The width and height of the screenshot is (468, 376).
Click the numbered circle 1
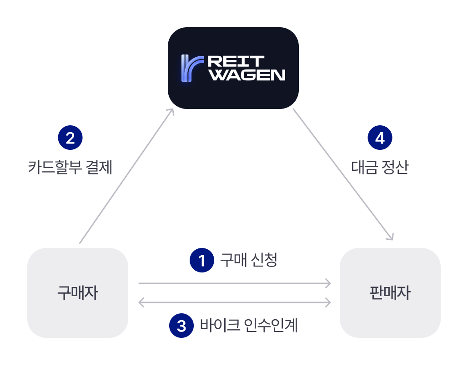coord(202,260)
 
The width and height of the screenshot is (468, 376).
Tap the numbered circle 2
coord(70,138)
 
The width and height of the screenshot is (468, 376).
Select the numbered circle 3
coord(181,326)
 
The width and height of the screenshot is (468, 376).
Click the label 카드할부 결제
coord(70,168)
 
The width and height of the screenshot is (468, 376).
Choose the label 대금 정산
coord(380,168)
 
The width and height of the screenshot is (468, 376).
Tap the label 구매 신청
coord(248,260)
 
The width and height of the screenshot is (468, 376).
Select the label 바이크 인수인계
coord(249,326)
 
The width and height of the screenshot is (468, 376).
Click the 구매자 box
coord(78,293)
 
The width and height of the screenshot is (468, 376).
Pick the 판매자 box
coord(390,293)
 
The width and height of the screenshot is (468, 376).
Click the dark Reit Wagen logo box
coord(233,68)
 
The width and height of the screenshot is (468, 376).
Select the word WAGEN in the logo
coord(248,75)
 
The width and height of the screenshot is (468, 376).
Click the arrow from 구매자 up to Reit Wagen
coord(126,176)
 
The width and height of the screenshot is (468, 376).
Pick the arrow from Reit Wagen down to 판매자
coord(342,174)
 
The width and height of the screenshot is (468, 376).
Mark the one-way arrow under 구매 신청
coord(234,284)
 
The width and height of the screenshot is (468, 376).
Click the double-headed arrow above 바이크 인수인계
coord(234,302)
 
